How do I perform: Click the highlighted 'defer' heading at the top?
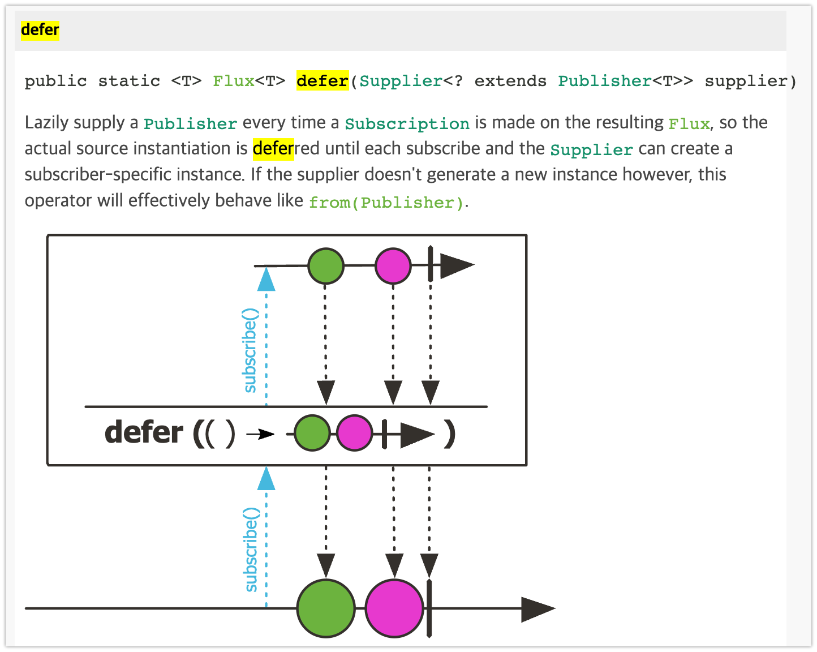point(40,29)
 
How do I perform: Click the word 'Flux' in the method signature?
point(233,81)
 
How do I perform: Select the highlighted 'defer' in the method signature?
point(322,81)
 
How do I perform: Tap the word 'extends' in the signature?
point(510,81)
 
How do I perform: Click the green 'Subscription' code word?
point(407,124)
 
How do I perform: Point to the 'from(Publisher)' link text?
point(386,203)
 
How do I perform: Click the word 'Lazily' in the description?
point(46,123)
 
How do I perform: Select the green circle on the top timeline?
point(326,265)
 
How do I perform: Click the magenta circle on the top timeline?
point(393,265)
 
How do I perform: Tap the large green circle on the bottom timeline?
point(326,608)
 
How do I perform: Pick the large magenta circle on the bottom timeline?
point(394,608)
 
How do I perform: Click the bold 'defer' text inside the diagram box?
point(144,433)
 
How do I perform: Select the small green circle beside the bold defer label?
point(312,433)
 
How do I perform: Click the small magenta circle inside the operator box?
point(355,433)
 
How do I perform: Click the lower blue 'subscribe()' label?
point(251,549)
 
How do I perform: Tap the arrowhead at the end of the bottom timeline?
point(537,609)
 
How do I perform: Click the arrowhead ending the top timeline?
point(457,265)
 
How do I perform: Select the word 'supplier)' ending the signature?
point(750,81)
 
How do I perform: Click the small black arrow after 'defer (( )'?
point(260,434)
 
